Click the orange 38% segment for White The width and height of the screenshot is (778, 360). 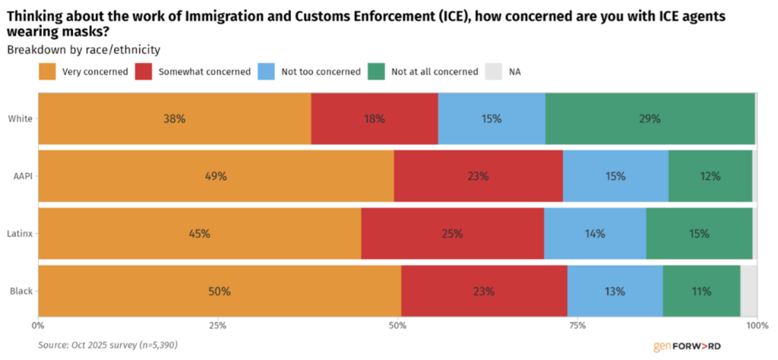174,118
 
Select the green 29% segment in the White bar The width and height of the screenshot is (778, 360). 650,118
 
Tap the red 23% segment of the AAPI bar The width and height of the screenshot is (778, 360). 478,176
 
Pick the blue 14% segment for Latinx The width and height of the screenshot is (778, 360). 594,233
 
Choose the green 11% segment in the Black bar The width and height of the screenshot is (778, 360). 701,291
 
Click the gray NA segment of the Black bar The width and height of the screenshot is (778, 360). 748,291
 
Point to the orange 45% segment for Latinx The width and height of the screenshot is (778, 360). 199,233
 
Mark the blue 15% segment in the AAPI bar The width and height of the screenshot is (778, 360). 615,176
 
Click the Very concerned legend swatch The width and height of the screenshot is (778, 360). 48,72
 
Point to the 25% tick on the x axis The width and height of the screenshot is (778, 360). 217,325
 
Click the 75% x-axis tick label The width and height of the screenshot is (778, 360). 577,325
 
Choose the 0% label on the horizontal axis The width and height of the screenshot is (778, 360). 38,325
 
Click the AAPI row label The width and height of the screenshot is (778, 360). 22,176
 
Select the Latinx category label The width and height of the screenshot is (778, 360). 21,233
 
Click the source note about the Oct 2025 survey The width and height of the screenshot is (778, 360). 108,345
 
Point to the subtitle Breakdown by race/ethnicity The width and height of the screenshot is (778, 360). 84,50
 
